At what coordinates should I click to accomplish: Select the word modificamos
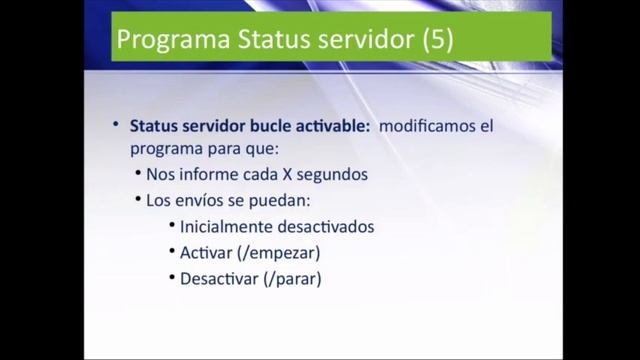point(424,128)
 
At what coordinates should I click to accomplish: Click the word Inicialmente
point(223,226)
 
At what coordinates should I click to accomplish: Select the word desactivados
point(321,226)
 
